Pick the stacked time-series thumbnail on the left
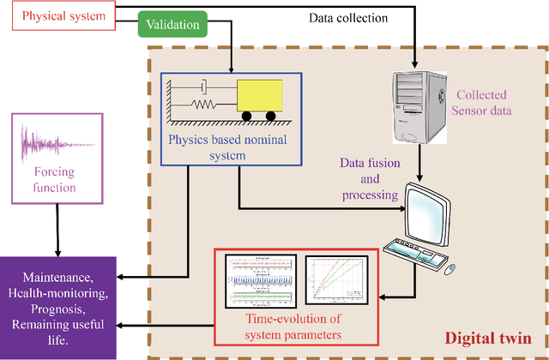click(x=261, y=280)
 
